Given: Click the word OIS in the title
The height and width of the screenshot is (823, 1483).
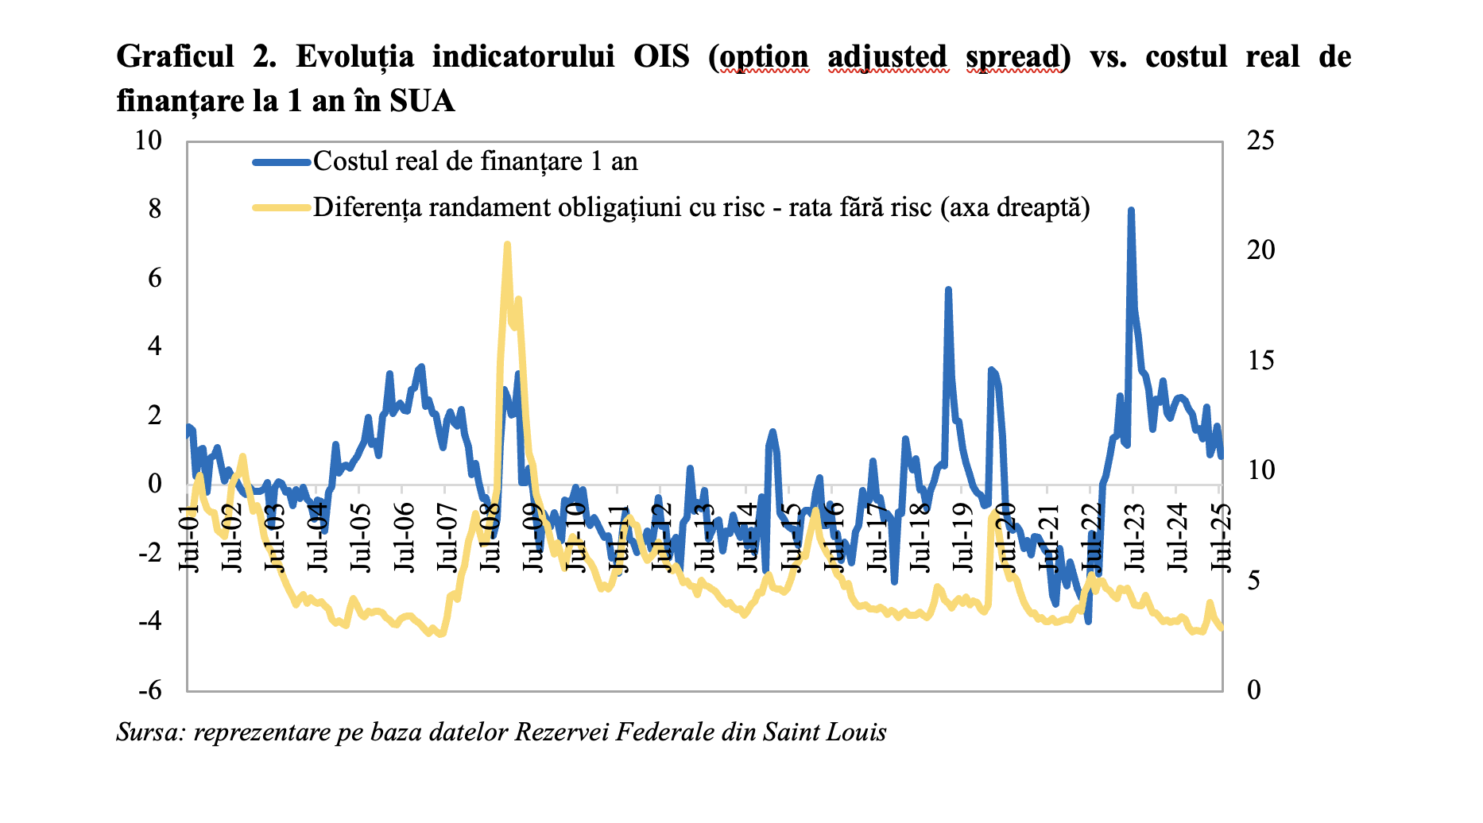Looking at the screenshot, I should pos(661,57).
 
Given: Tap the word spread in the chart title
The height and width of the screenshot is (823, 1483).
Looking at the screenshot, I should pos(1013,57).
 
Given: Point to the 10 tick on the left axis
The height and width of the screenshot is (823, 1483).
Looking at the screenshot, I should pos(149,141).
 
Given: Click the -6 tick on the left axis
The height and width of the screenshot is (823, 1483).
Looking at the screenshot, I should pos(149,690).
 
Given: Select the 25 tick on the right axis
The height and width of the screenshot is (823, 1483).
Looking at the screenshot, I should pos(1260,141).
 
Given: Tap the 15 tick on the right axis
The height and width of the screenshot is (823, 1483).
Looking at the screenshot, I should pos(1260,361).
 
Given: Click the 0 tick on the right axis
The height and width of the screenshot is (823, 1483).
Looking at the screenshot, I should pos(1254,690).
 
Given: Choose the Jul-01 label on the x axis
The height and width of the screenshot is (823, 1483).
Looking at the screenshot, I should pos(189,537).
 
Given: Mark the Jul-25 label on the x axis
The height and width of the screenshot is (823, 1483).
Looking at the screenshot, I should pos(1220,537).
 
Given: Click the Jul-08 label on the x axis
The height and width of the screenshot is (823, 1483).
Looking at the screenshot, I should pos(490,537).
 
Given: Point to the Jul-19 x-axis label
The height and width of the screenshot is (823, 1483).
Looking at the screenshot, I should pos(962,537).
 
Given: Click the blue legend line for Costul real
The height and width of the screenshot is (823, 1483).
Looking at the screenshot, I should pos(281,162).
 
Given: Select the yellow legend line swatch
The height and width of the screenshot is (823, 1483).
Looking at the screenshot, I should pos(281,207).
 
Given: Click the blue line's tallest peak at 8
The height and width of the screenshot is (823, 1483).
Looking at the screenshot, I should pos(1130,211).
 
